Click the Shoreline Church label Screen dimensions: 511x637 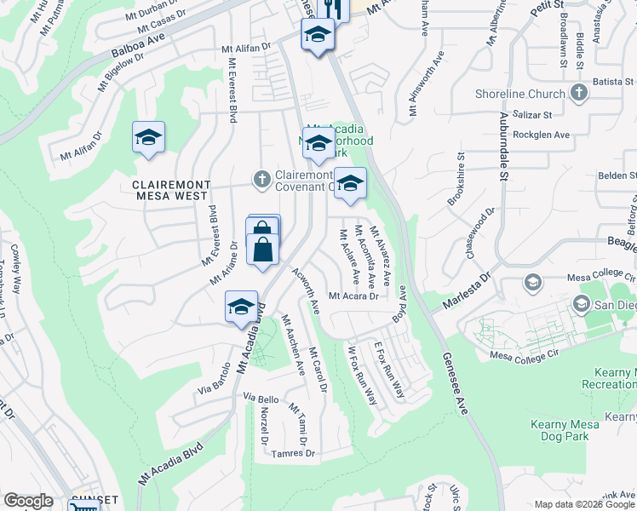(533, 95)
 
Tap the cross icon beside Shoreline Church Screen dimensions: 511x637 (578, 93)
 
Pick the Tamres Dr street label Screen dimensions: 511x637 (294, 454)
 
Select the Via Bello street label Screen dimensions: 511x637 (261, 399)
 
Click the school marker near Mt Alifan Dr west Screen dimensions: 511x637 (148, 138)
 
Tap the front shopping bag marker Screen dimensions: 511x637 (263, 250)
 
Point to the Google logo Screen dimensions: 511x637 (29, 501)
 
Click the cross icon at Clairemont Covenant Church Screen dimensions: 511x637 (263, 179)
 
